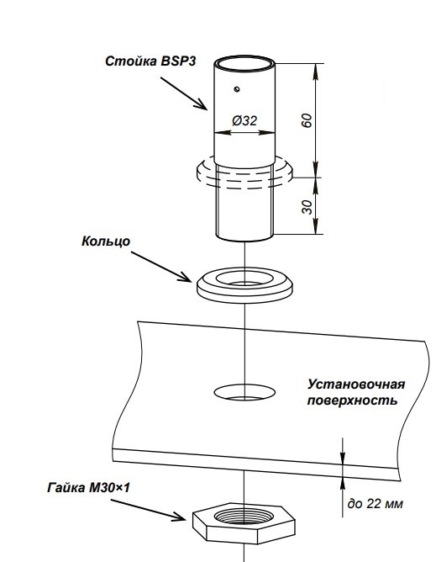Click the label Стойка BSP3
click(150, 61)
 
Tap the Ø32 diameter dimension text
click(244, 120)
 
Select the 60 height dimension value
click(307, 120)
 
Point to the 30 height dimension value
click(307, 207)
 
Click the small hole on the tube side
click(237, 89)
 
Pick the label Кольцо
click(106, 241)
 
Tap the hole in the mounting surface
click(244, 392)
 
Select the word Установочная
click(356, 384)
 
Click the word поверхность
click(352, 400)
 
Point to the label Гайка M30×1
click(88, 488)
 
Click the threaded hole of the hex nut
click(244, 517)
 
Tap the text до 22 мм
click(376, 504)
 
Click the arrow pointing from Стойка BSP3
click(184, 93)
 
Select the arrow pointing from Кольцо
click(161, 267)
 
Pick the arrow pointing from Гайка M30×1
click(148, 510)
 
